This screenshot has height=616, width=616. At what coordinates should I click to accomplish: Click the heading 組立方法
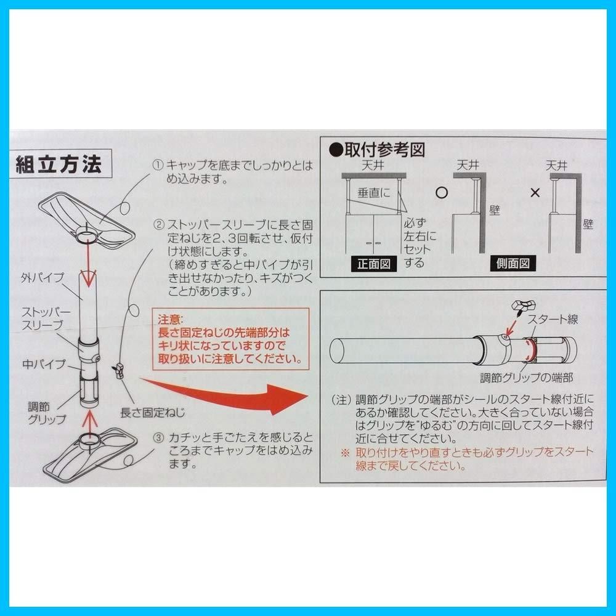[59, 164]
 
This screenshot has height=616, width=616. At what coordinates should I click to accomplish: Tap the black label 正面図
[374, 264]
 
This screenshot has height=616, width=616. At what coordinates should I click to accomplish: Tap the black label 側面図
[514, 264]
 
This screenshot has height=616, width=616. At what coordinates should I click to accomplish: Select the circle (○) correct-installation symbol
[442, 192]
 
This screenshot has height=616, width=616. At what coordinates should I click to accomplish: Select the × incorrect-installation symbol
[535, 193]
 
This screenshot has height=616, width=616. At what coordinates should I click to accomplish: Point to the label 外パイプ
[43, 277]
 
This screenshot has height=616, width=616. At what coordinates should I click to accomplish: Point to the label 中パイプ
[44, 364]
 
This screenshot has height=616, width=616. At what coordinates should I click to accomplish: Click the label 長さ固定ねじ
[152, 413]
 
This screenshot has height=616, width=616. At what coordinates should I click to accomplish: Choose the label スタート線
[553, 319]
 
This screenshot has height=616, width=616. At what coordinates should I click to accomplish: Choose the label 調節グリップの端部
[527, 378]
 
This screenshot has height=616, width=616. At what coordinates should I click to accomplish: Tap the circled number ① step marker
[158, 165]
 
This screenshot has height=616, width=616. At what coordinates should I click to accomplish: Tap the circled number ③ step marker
[158, 438]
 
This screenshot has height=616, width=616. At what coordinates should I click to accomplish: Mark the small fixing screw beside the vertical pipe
[118, 370]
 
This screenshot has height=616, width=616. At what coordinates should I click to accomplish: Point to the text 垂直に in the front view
[374, 193]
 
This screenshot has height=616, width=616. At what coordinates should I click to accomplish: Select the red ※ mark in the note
[345, 453]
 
